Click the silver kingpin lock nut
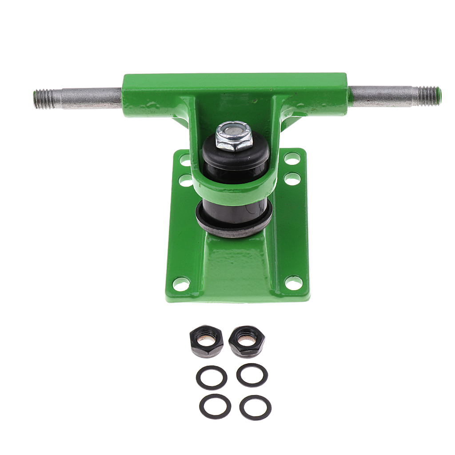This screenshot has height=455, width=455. (234, 136)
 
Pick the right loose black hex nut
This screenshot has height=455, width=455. (247, 340)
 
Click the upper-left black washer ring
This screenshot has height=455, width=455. (212, 378)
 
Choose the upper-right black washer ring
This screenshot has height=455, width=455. (252, 375)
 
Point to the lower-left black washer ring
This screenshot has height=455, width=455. (215, 406)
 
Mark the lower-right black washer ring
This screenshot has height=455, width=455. (255, 407)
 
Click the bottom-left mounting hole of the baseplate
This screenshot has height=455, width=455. (181, 283)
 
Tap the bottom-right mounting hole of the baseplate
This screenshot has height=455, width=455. (293, 282)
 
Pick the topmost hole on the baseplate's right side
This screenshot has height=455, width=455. (291, 158)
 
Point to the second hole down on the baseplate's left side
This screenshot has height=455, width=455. (185, 180)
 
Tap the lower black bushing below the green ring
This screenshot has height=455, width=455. (235, 212)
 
